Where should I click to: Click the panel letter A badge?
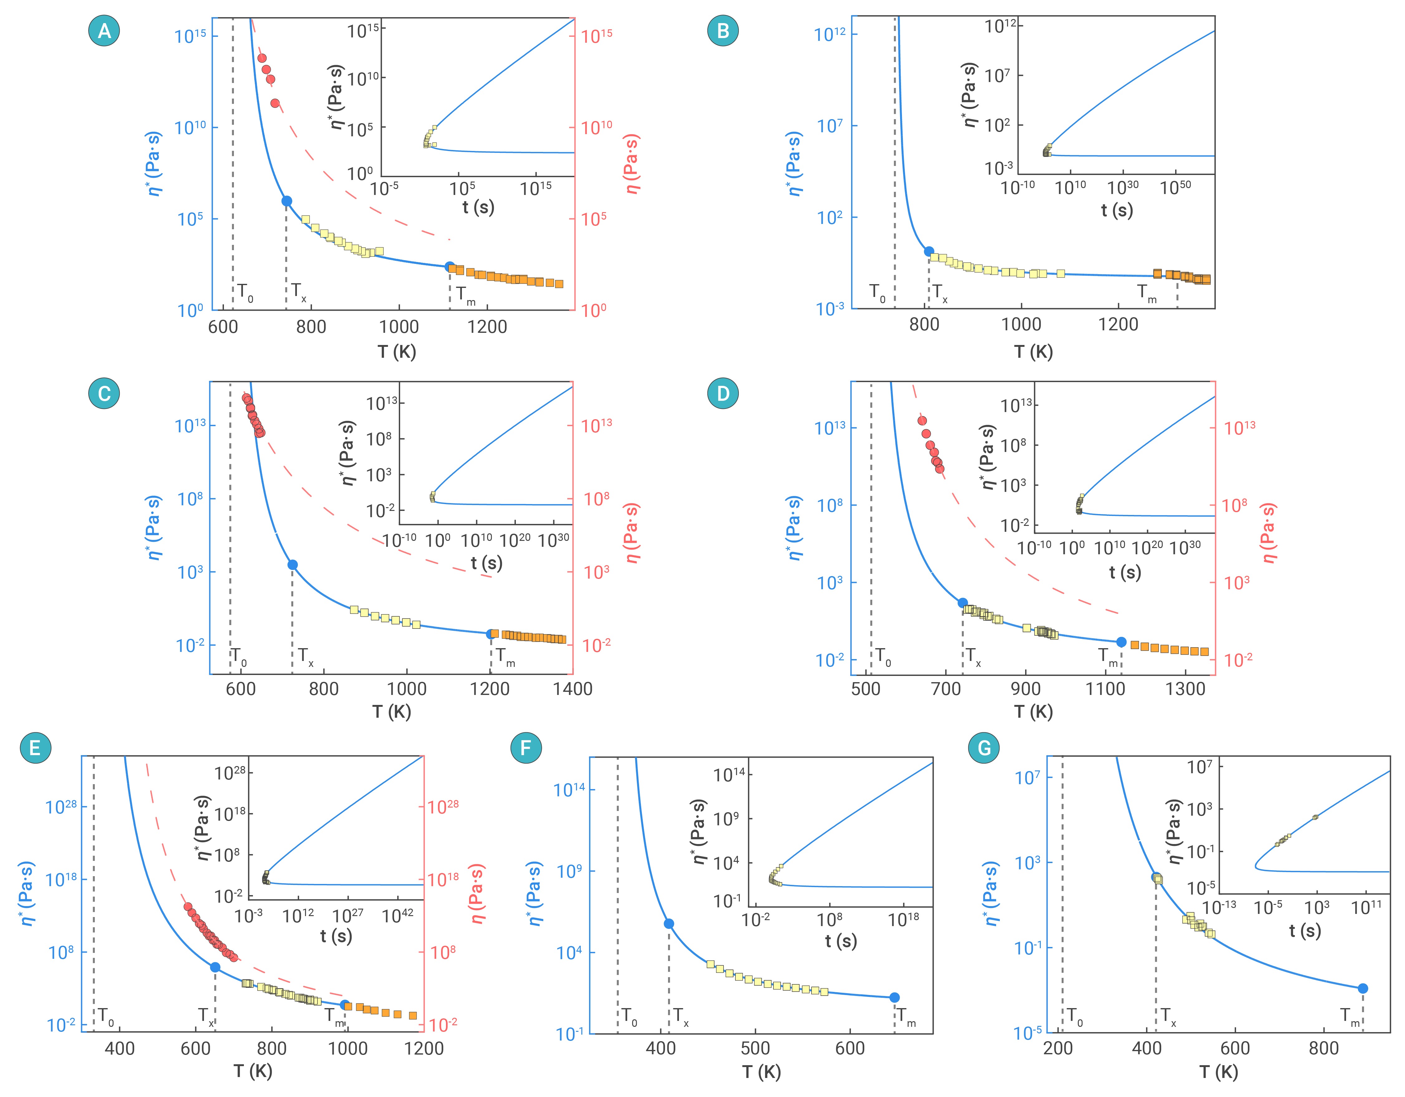(104, 31)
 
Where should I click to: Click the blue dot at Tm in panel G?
(1362, 988)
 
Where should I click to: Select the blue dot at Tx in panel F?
(668, 923)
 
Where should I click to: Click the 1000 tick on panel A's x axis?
(399, 327)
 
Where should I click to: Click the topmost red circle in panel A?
(262, 58)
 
